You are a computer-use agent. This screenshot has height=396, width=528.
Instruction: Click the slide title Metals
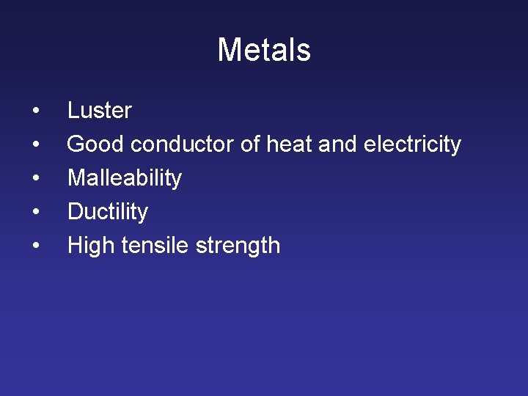(264, 51)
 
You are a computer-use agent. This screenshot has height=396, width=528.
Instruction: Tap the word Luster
(99, 111)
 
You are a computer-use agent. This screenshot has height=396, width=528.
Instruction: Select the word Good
(95, 144)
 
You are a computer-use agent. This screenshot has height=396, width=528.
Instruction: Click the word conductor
(183, 144)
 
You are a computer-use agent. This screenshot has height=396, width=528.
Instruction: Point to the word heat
(290, 144)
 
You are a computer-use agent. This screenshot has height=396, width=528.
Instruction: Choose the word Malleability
(125, 178)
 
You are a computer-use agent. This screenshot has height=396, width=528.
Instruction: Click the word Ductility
(108, 212)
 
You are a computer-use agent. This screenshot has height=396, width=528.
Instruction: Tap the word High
(91, 246)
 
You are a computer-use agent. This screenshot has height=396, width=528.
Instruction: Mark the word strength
(238, 246)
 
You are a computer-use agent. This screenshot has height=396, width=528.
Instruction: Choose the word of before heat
(250, 144)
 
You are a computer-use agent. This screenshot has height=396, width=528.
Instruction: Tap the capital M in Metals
(230, 51)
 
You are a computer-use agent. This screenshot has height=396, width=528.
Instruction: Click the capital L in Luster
(73, 111)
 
